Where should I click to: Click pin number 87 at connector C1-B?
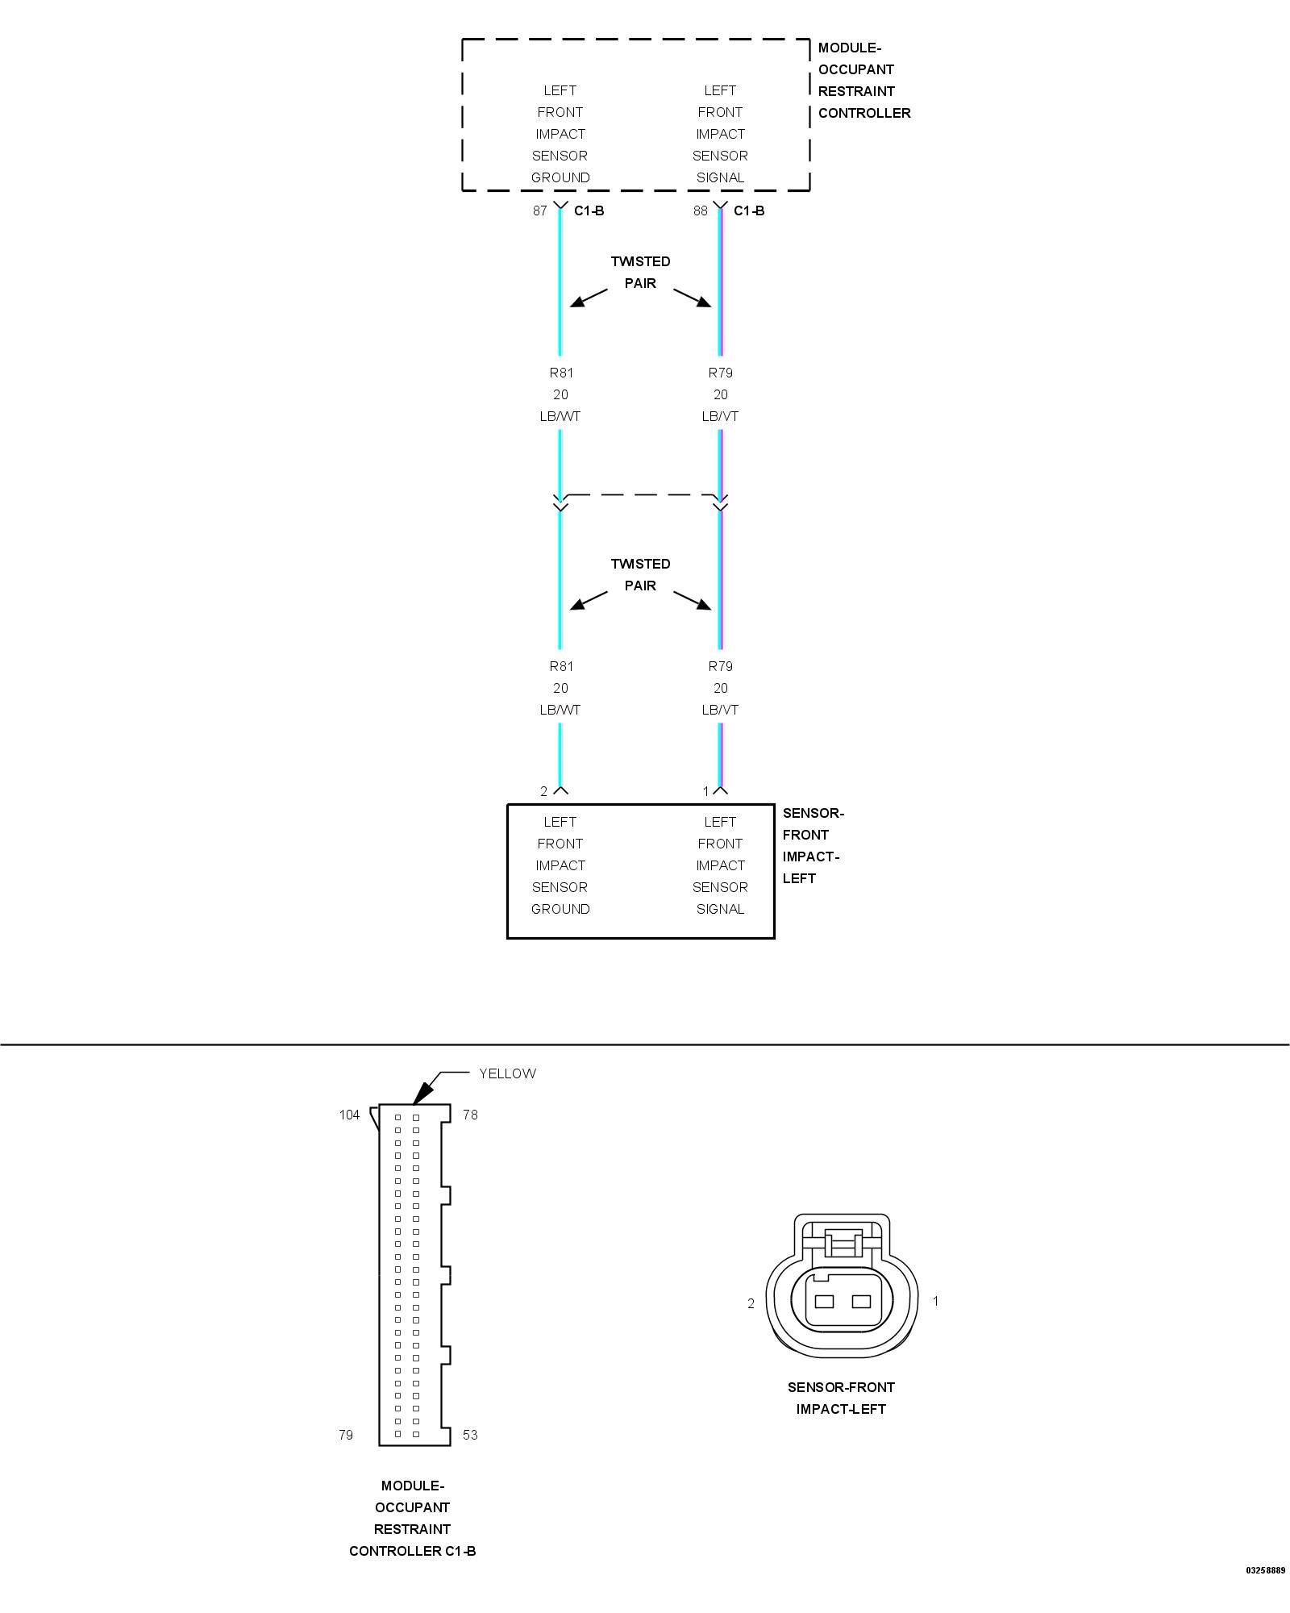point(539,211)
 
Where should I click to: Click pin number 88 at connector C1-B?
point(700,211)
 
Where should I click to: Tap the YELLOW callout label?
point(507,1073)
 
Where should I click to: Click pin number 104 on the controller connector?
point(349,1115)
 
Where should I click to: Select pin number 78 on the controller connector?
point(470,1115)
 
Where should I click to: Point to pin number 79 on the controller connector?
point(346,1435)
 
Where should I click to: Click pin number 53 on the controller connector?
point(470,1435)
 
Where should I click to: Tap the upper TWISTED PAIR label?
point(640,273)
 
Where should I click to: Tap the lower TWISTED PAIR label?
point(640,575)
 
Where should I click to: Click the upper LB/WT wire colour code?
point(560,417)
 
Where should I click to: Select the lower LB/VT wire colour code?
point(720,711)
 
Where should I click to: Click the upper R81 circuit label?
point(560,373)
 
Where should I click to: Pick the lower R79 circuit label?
point(720,667)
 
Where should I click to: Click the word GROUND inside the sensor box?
point(560,909)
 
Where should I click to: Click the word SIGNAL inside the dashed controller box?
point(720,177)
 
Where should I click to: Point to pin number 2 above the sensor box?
point(543,791)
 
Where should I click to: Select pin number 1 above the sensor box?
point(705,791)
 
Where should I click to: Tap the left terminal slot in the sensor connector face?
point(824,1301)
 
